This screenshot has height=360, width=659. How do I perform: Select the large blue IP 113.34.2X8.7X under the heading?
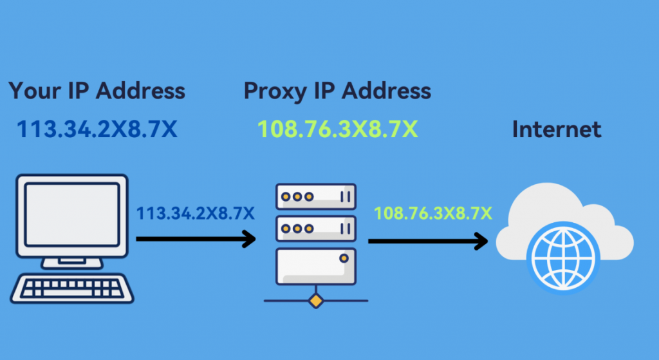click(97, 129)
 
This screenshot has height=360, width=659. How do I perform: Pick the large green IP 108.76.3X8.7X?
click(338, 129)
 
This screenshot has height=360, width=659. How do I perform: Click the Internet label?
click(557, 129)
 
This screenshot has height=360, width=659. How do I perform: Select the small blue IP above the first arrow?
click(195, 213)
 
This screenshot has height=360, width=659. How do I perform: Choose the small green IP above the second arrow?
click(433, 213)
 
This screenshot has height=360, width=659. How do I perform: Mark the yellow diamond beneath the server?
click(315, 300)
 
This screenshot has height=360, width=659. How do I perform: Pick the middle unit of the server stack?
click(315, 229)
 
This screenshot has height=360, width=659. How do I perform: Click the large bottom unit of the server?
click(315, 267)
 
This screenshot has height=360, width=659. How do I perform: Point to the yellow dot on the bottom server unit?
click(344, 258)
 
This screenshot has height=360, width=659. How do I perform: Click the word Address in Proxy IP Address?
click(386, 91)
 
